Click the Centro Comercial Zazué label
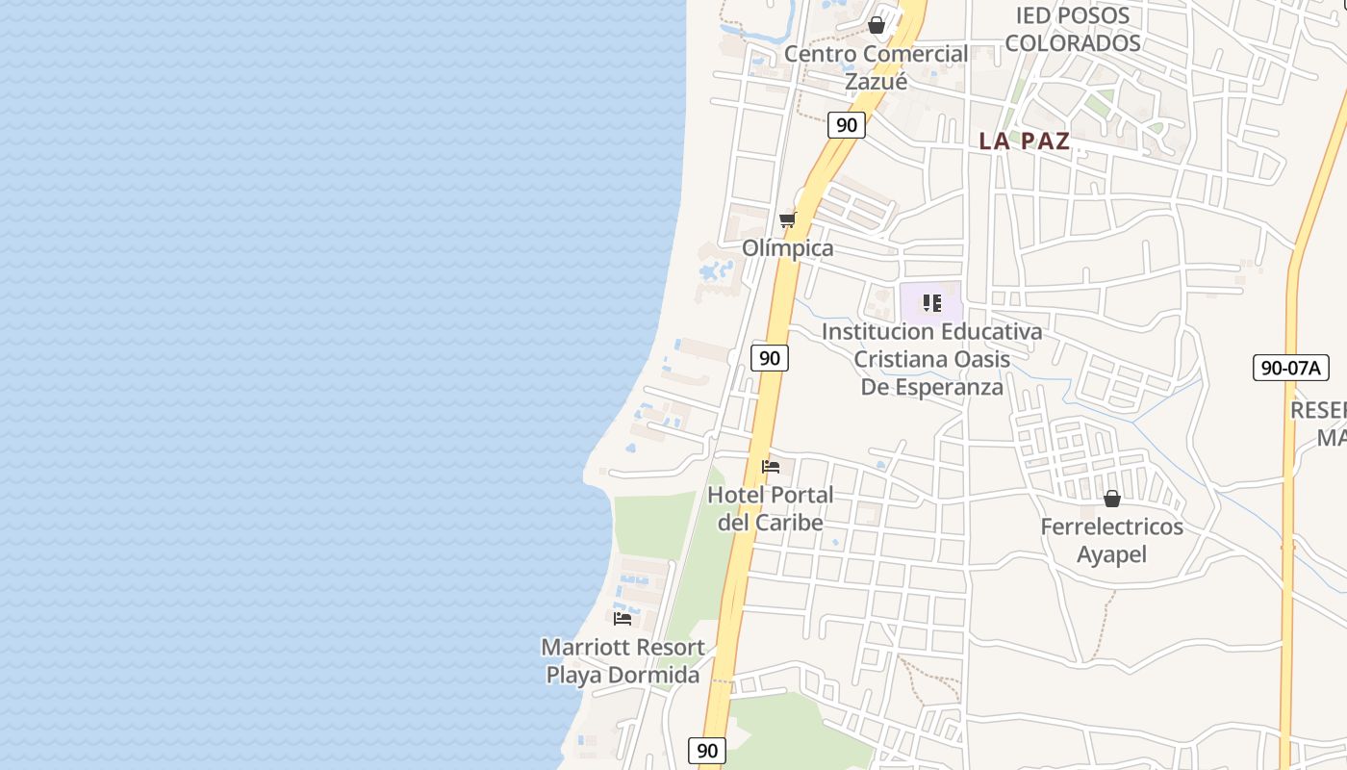tap(876, 66)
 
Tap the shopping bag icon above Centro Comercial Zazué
tap(877, 25)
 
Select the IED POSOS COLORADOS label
tap(1073, 29)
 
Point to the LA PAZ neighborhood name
tap(1024, 141)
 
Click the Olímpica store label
tap(787, 247)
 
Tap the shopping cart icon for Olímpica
tap(788, 219)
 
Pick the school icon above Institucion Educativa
tap(931, 303)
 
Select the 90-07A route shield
tap(1290, 367)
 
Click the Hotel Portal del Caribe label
tap(770, 508)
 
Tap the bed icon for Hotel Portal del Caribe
tap(771, 467)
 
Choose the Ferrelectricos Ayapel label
tap(1111, 540)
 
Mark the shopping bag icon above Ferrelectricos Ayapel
tap(1112, 499)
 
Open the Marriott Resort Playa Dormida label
tap(623, 660)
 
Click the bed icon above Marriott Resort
tap(623, 618)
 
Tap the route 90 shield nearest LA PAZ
tap(847, 125)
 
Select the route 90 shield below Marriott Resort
tap(707, 751)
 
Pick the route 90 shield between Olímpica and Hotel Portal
tap(769, 358)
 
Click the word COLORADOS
tap(1073, 42)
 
